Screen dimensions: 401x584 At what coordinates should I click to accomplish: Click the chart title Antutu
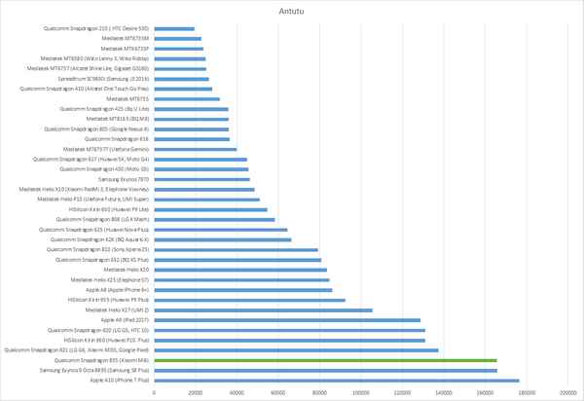(292, 12)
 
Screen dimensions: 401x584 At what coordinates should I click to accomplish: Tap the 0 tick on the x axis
(154, 392)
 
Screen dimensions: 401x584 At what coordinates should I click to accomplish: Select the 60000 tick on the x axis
(278, 392)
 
